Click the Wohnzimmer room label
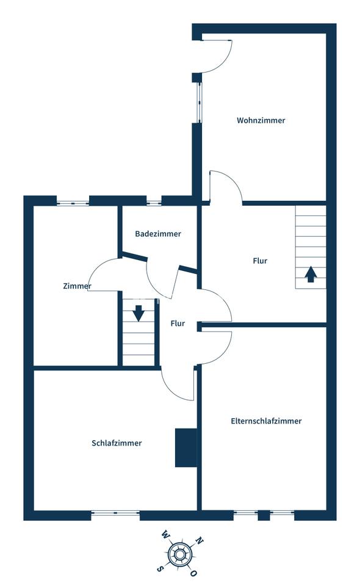(x=261, y=120)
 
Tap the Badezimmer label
(x=158, y=234)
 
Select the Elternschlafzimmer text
(x=266, y=421)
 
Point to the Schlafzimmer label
(x=117, y=443)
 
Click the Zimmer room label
(x=77, y=286)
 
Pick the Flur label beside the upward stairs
(x=260, y=261)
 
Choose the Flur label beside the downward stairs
(x=178, y=324)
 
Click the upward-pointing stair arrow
(x=311, y=274)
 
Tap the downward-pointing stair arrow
(x=139, y=313)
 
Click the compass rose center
(x=179, y=552)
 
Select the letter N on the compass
(x=200, y=540)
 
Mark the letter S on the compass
(x=160, y=569)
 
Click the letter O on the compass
(x=194, y=573)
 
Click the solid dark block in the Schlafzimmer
(x=186, y=447)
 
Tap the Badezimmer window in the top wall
(x=154, y=203)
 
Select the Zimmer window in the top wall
(x=73, y=203)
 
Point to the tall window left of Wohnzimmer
(x=200, y=103)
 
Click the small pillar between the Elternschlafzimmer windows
(x=264, y=515)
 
